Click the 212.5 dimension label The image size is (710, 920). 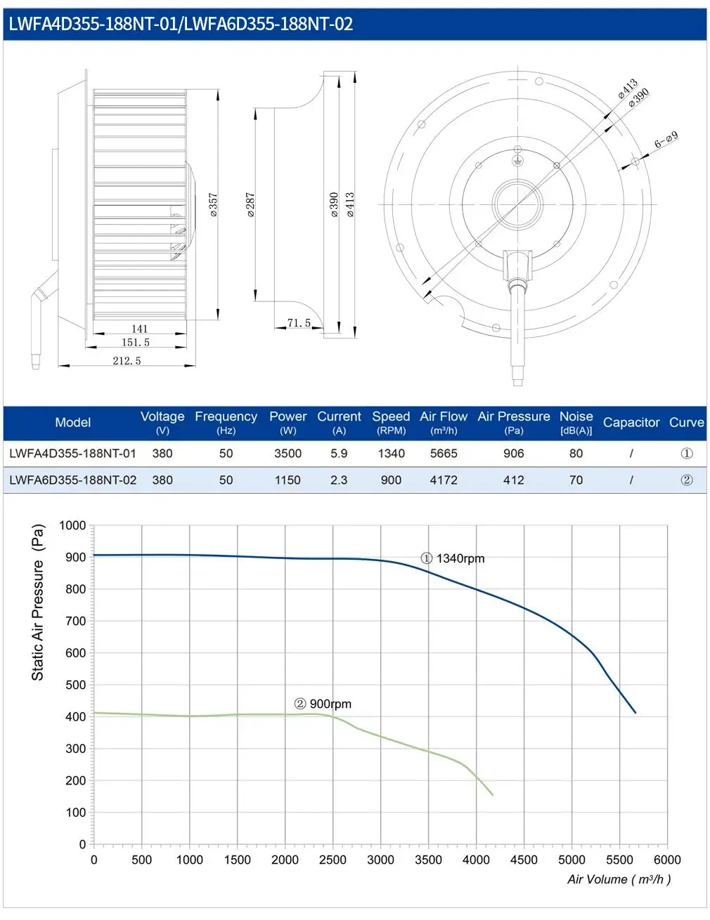pyautogui.click(x=127, y=361)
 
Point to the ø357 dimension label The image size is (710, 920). pyautogui.click(x=214, y=205)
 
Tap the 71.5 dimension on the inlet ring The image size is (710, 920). pyautogui.click(x=299, y=323)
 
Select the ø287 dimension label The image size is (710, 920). pyautogui.click(x=251, y=205)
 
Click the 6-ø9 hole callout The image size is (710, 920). pyautogui.click(x=666, y=139)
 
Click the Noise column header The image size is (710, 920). pyautogui.click(x=576, y=422)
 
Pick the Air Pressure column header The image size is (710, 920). pyautogui.click(x=513, y=422)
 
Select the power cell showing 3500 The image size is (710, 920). pyautogui.click(x=288, y=454)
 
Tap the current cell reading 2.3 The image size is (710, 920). pyautogui.click(x=339, y=480)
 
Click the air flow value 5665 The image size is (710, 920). pyautogui.click(x=444, y=454)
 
